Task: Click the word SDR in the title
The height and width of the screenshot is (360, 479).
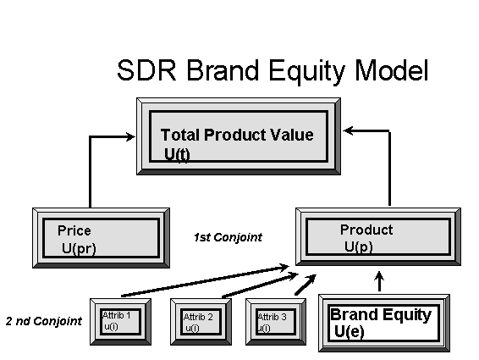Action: point(146,69)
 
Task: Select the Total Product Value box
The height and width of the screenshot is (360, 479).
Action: point(236,136)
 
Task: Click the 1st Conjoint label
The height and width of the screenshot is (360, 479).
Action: point(228,238)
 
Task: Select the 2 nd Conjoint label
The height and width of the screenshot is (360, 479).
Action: point(41,321)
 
